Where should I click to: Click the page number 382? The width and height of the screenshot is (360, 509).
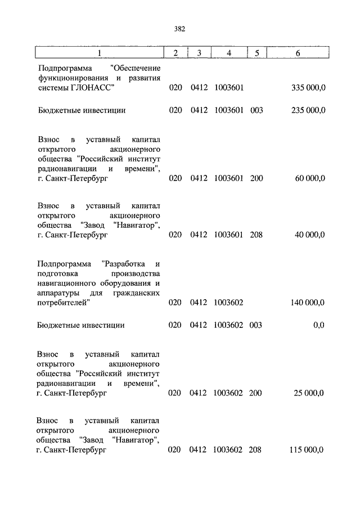(180, 29)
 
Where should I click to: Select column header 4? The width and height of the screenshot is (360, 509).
(228, 53)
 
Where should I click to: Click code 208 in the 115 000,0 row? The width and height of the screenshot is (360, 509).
(256, 450)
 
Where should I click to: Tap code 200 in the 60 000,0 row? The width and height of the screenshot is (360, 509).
(256, 178)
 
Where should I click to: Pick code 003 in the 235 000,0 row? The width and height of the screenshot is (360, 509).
(256, 111)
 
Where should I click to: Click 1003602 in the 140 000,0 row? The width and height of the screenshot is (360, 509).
(228, 303)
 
